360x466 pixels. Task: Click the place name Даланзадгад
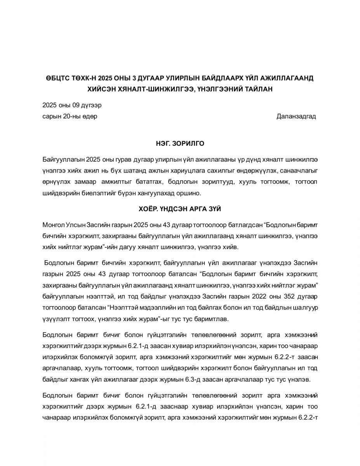click(x=296, y=116)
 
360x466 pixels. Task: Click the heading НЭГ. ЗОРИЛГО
click(x=180, y=144)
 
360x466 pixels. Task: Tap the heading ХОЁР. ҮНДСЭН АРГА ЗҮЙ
click(x=180, y=209)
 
